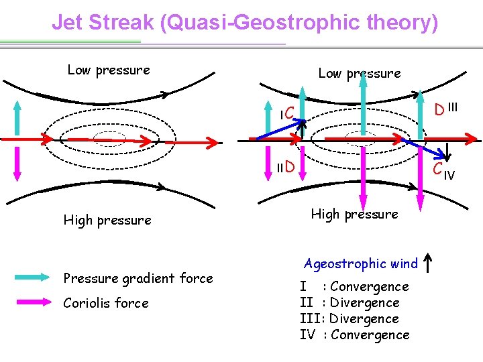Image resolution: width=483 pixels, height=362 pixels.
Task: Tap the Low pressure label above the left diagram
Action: point(109,70)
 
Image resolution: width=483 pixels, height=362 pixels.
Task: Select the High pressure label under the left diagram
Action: point(107,220)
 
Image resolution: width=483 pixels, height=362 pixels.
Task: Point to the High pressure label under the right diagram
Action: point(354,214)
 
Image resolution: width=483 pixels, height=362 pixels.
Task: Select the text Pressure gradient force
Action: point(138,278)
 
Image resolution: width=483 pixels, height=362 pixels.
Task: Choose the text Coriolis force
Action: point(106,303)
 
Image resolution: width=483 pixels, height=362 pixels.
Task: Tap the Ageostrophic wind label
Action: point(361,263)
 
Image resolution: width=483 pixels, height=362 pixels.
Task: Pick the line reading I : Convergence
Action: point(354,287)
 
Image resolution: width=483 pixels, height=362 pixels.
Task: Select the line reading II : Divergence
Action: point(350,303)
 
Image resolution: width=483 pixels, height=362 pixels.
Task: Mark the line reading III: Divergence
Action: point(350,319)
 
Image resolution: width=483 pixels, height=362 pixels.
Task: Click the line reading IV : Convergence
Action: point(354,335)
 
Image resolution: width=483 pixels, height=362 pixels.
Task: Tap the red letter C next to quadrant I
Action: point(290,114)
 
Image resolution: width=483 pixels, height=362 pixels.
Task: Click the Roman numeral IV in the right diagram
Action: point(449,176)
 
